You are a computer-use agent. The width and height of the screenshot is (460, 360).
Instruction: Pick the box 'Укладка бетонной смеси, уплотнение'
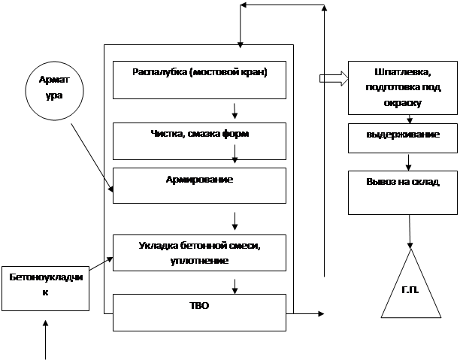(x=199, y=253)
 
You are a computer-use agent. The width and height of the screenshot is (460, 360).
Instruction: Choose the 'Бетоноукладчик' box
(x=45, y=289)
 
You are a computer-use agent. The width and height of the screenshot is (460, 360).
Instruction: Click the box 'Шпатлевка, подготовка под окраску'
(x=402, y=87)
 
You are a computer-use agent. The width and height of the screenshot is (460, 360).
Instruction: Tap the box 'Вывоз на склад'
(x=402, y=191)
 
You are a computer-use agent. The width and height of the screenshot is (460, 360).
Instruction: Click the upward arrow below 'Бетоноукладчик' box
(x=47, y=338)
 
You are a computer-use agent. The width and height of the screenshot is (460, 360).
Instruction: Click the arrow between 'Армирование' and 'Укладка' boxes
(x=235, y=221)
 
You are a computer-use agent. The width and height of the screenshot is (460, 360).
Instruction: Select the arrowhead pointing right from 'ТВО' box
(x=320, y=312)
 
